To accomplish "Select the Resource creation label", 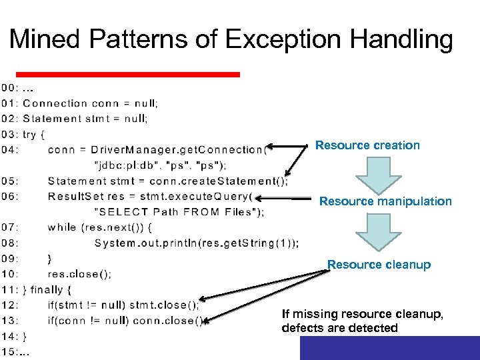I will pyautogui.click(x=367, y=145).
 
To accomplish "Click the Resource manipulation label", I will pyautogui.click(x=385, y=201).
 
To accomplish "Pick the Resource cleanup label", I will pyautogui.click(x=379, y=265).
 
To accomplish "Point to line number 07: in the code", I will pyautogui.click(x=10, y=227).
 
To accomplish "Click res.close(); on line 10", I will pyautogui.click(x=79, y=274).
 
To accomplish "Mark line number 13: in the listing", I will pyautogui.click(x=10, y=321).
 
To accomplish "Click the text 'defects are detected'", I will pyautogui.click(x=340, y=328).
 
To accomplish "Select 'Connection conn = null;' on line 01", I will pyautogui.click(x=91, y=103).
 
